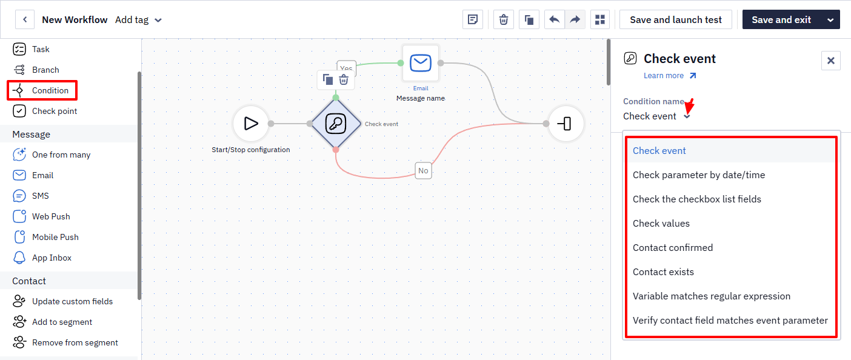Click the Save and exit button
coord(781,20)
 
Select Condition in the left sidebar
coord(42,90)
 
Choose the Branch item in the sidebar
coord(36,70)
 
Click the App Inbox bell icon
coord(19,258)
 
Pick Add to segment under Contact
coord(52,322)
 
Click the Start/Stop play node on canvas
coord(251,124)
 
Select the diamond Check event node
coord(336,124)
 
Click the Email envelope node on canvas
coord(421,63)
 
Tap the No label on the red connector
coord(423,171)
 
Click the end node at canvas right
coord(566,124)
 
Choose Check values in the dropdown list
coord(661,223)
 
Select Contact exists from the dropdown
coord(663,272)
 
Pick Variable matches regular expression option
coord(711,296)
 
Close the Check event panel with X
coord(830,61)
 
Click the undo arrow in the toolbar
coord(554,20)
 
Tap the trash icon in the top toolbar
coord(503,20)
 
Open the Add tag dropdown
coord(139,20)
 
